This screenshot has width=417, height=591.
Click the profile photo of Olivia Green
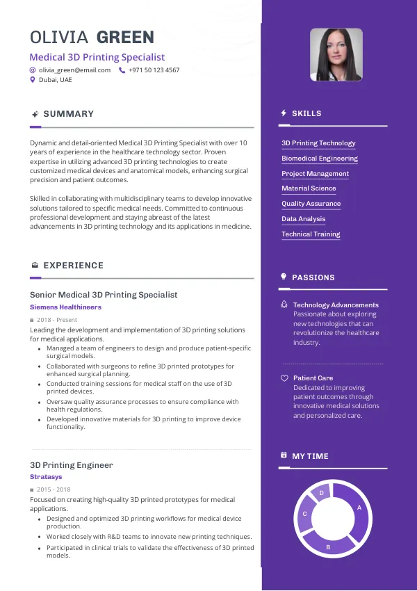(336, 54)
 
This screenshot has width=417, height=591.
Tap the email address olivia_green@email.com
(74, 70)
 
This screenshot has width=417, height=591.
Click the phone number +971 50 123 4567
(154, 70)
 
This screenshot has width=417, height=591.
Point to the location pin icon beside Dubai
(32, 80)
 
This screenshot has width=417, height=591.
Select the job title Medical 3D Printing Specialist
(97, 57)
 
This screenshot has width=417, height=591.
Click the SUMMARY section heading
(68, 114)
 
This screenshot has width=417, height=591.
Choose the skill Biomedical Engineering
(320, 159)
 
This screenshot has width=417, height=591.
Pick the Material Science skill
(309, 188)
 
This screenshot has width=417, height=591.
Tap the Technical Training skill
(311, 234)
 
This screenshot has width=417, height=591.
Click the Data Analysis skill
(303, 219)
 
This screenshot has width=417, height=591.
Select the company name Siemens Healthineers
(65, 307)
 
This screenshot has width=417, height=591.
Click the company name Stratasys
(46, 477)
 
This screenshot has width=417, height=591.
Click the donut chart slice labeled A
(358, 508)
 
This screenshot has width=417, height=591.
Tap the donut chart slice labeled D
(321, 493)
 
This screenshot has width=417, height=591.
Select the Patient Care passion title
(313, 378)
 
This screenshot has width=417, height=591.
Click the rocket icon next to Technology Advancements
(284, 305)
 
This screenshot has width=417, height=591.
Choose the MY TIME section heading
(310, 456)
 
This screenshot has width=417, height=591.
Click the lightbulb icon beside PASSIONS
(284, 277)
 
